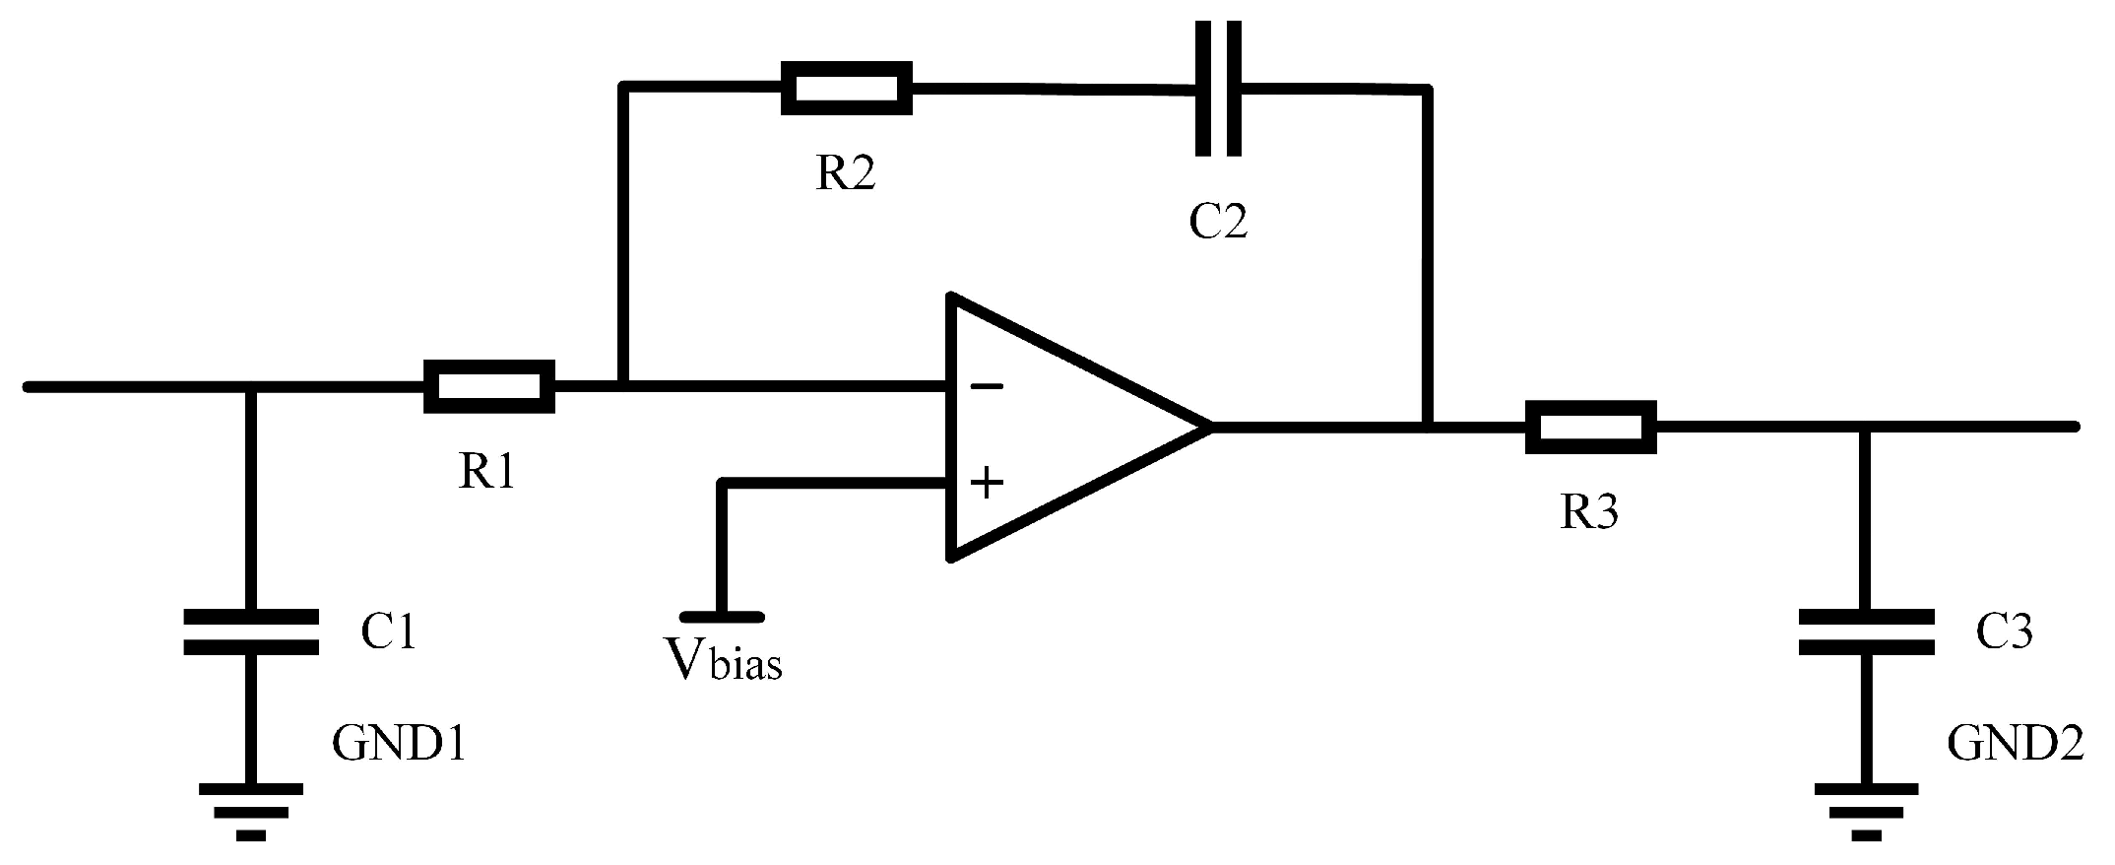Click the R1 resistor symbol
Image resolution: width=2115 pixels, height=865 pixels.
click(488, 386)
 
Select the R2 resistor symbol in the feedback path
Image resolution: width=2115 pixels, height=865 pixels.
click(846, 89)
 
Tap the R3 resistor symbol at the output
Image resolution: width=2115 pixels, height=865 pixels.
click(1589, 428)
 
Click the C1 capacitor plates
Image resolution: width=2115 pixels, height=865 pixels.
click(251, 632)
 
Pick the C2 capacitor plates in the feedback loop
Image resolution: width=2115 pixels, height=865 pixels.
click(1218, 89)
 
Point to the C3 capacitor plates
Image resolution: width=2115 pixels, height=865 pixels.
click(1865, 632)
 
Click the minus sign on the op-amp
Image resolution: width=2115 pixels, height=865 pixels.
click(986, 387)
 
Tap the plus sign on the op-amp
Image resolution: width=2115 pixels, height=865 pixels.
click(986, 484)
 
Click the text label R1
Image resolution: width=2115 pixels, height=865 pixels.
click(486, 474)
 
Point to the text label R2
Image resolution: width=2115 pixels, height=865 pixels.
click(845, 174)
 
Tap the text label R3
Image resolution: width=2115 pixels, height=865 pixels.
click(1589, 512)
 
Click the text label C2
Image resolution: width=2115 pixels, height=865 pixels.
click(1218, 223)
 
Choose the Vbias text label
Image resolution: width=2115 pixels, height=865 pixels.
click(725, 660)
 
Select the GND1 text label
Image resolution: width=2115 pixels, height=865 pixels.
click(398, 745)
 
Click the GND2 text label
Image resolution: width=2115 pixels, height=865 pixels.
click(2015, 745)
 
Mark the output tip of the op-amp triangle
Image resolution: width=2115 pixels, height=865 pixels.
click(1209, 427)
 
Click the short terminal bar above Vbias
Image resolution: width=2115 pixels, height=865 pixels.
click(722, 617)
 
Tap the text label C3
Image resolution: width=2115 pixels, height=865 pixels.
click(2004, 632)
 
